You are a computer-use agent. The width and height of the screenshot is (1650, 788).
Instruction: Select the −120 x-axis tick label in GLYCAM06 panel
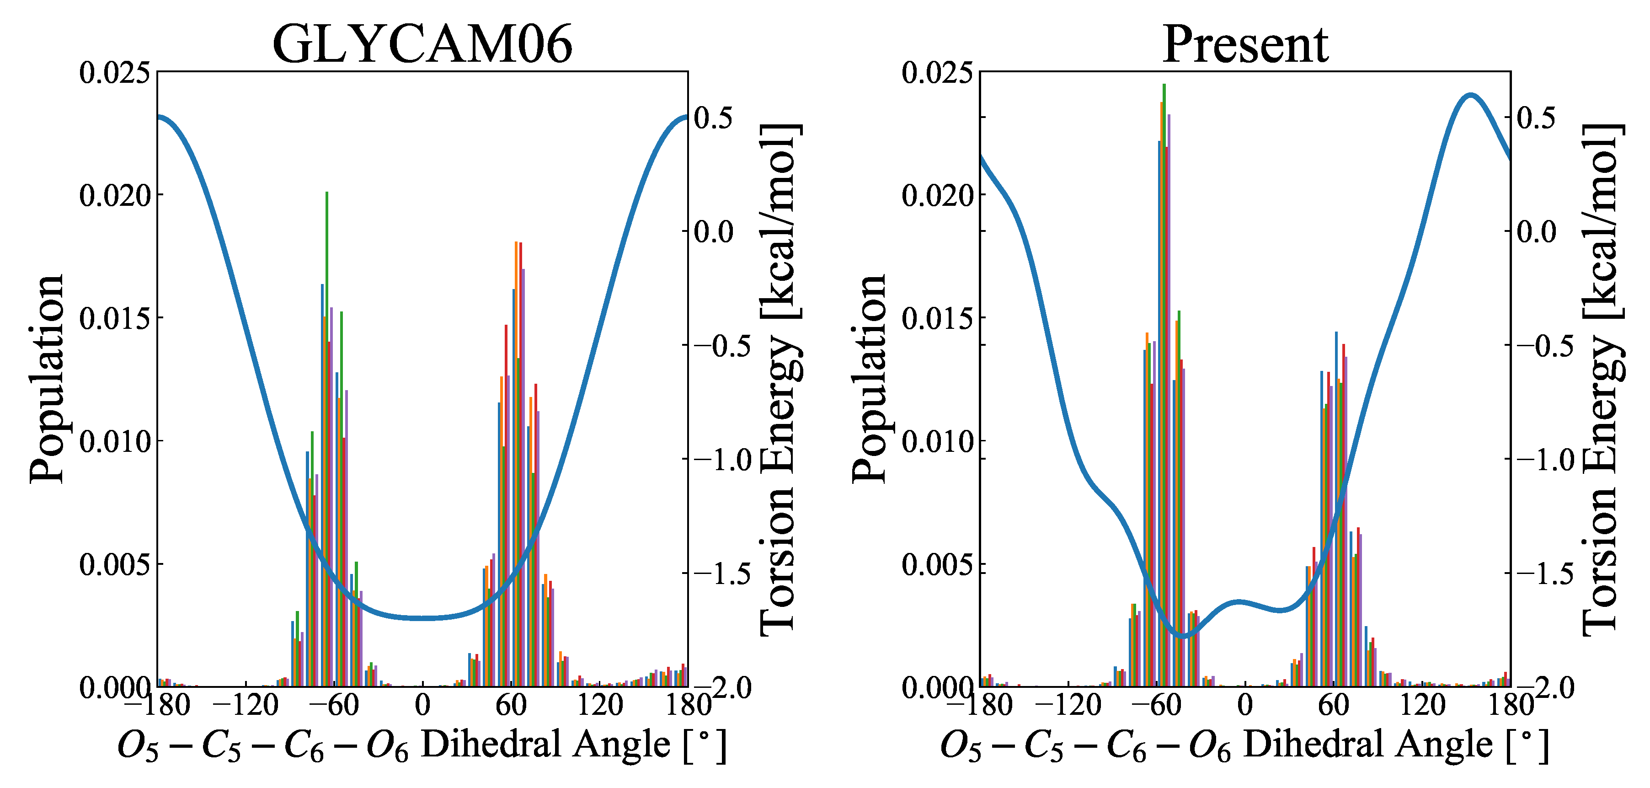click(x=246, y=705)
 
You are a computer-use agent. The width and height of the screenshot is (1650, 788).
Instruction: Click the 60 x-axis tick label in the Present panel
click(x=1333, y=705)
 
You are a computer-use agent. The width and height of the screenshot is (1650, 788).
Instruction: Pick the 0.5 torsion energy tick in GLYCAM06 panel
click(x=713, y=118)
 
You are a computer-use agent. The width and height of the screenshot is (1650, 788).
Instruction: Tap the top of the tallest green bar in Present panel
click(x=1164, y=85)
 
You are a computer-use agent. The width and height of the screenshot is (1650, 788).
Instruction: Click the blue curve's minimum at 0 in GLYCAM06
click(x=423, y=617)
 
